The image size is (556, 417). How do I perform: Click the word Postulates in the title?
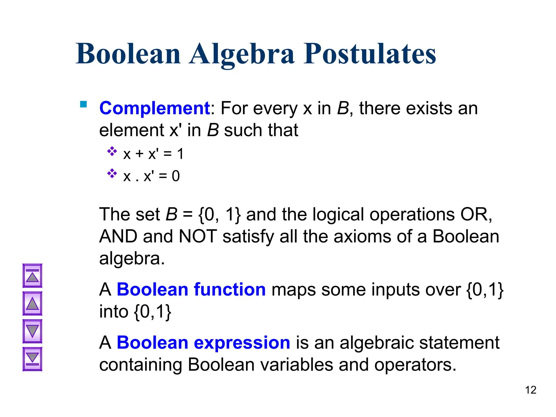[x=369, y=54]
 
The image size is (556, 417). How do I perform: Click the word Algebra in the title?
[x=242, y=54]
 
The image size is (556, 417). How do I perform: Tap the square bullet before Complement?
[x=83, y=105]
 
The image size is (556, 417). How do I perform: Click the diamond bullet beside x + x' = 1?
[x=112, y=151]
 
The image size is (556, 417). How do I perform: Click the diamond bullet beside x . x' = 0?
[x=112, y=173]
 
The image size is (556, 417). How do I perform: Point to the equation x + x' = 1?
[x=153, y=154]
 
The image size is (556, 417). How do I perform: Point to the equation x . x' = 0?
[x=151, y=176]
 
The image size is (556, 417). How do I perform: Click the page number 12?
[x=530, y=390]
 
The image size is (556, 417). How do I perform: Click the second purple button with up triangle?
[x=32, y=304]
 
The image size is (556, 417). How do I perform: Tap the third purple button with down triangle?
[x=32, y=331]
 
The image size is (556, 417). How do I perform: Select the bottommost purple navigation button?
[x=32, y=359]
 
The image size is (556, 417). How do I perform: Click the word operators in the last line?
[x=415, y=365]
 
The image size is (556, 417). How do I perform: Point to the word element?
[x=131, y=130]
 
